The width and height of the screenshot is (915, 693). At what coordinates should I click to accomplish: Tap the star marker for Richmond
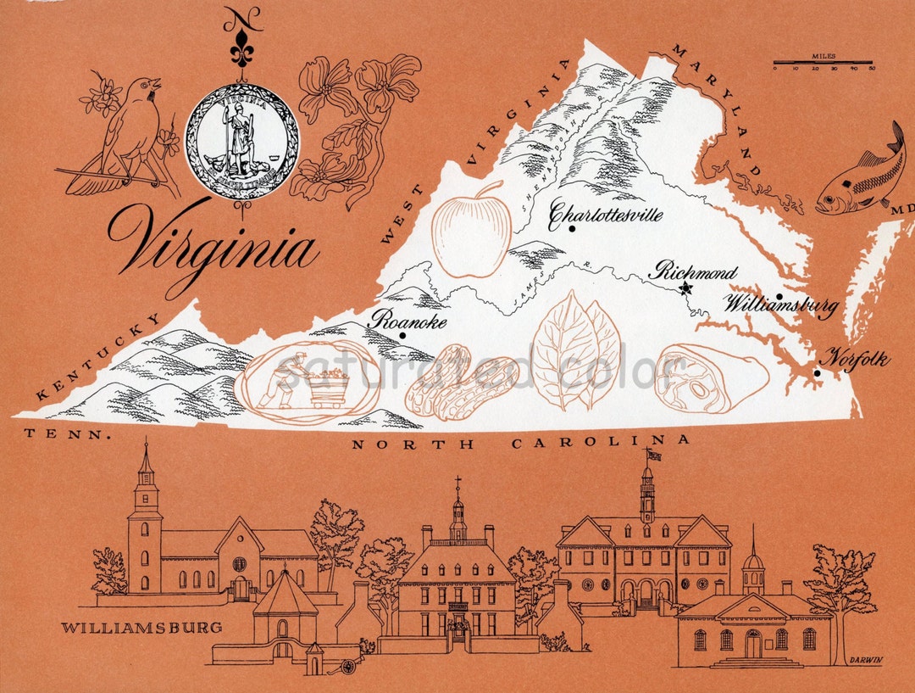click(x=685, y=288)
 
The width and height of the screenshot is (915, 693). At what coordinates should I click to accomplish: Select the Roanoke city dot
click(x=402, y=335)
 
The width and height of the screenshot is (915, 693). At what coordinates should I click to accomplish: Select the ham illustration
click(x=711, y=377)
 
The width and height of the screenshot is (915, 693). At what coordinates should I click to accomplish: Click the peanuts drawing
click(x=460, y=383)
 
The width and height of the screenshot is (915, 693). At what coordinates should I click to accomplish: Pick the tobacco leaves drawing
click(x=576, y=350)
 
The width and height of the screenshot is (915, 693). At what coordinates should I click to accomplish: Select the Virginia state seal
click(x=242, y=141)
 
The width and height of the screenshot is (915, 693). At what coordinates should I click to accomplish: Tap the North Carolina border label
click(x=520, y=442)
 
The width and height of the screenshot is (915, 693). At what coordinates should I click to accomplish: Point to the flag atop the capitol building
click(x=654, y=455)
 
